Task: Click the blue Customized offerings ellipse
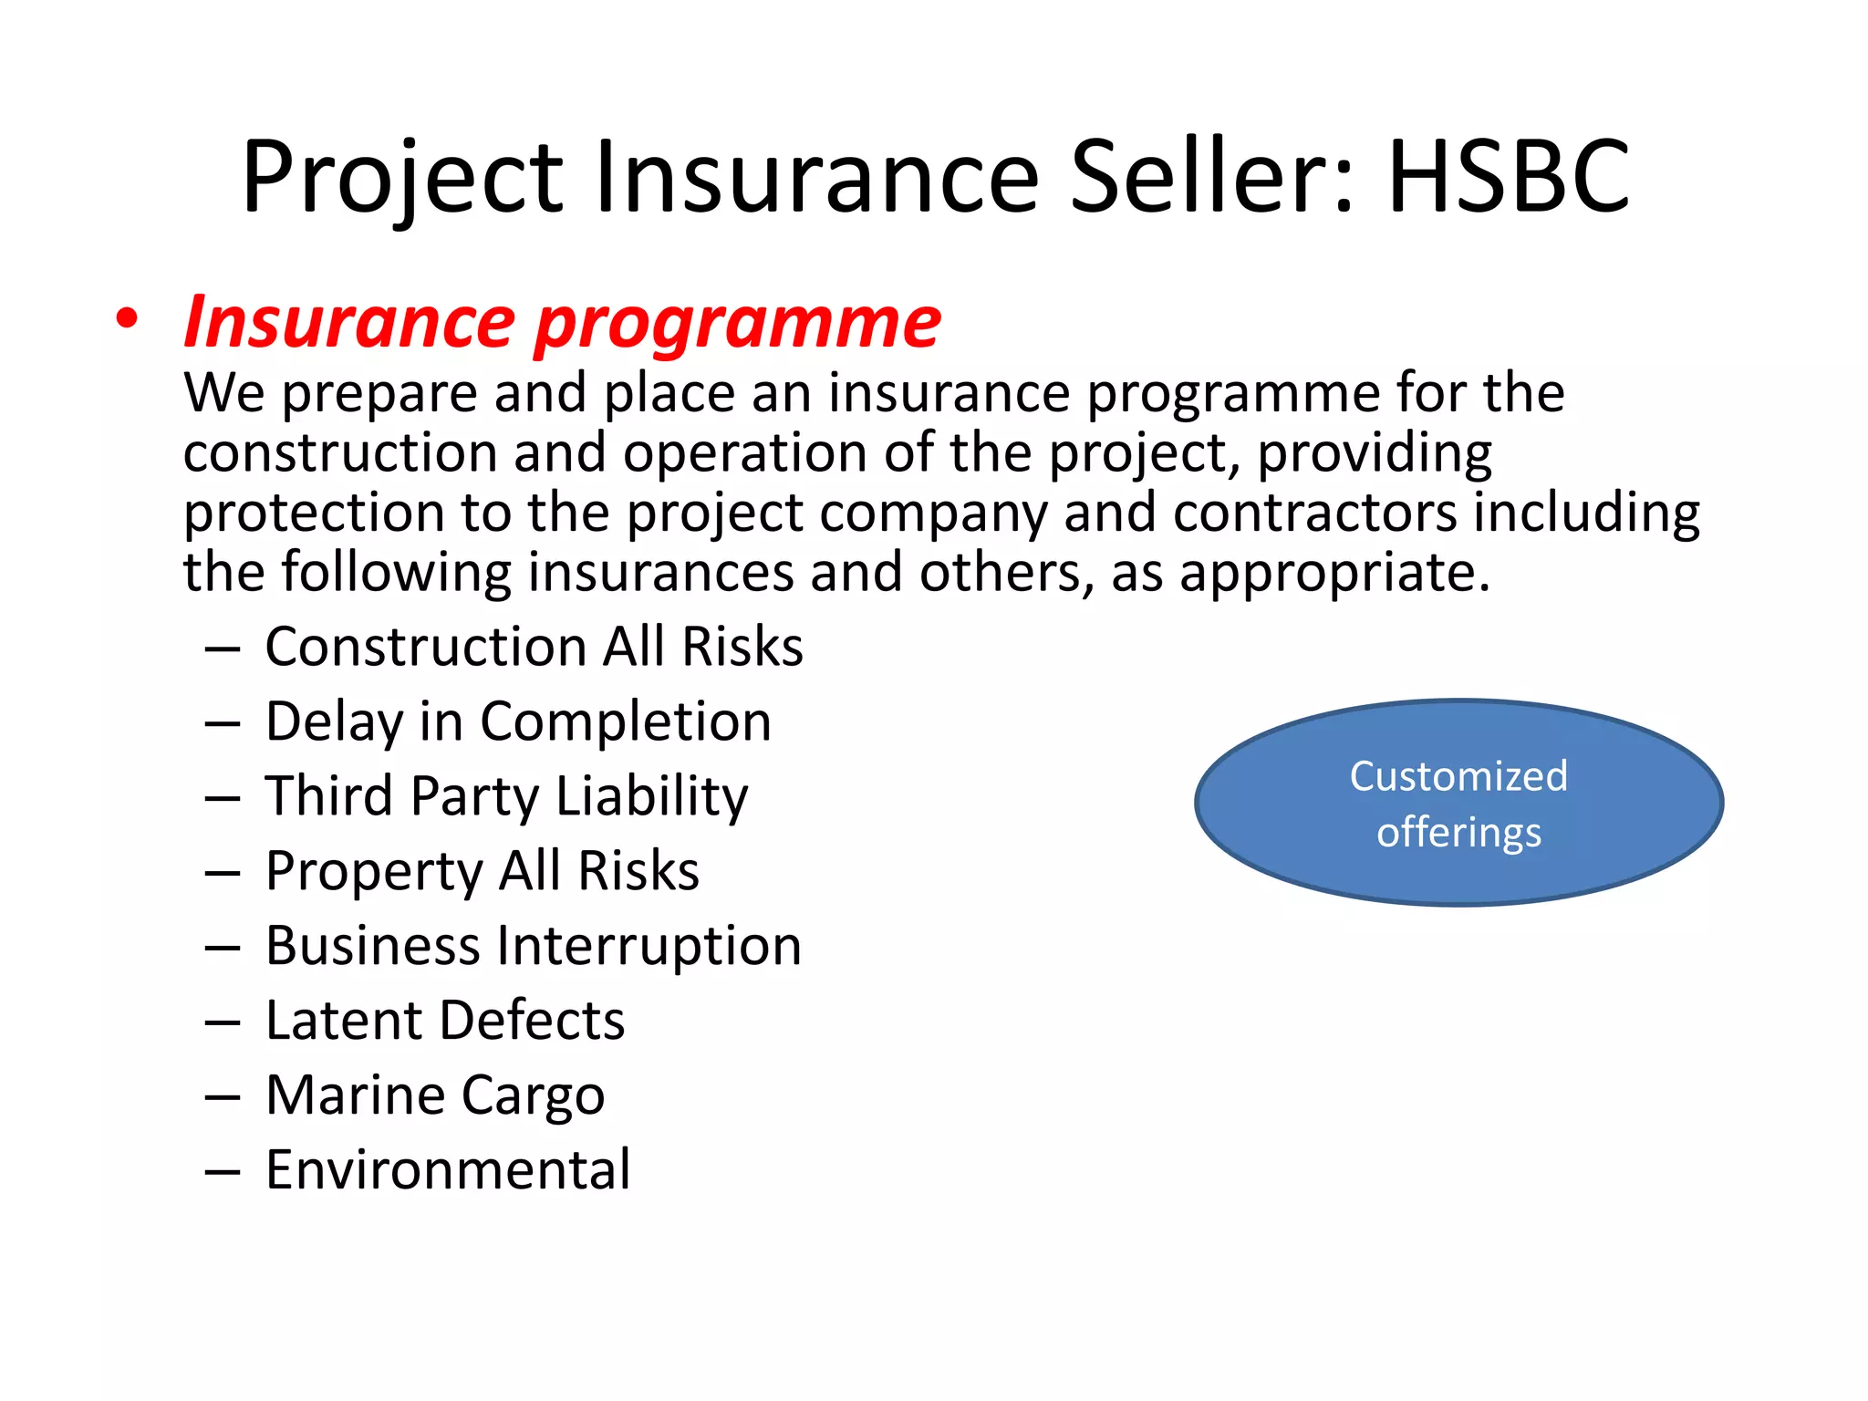(x=1458, y=803)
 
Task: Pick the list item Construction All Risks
(x=534, y=647)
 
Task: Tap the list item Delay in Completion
(x=518, y=721)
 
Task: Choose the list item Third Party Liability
(x=506, y=796)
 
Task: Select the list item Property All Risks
(x=482, y=871)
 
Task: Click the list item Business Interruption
(x=534, y=946)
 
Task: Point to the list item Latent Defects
(x=445, y=1020)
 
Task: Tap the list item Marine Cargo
(x=435, y=1095)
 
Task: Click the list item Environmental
(x=448, y=1169)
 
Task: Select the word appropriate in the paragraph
(x=1334, y=574)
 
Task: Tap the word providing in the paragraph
(x=1375, y=453)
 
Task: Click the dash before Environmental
(x=223, y=1171)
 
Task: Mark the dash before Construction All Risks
(x=223, y=649)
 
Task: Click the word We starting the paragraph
(x=224, y=393)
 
